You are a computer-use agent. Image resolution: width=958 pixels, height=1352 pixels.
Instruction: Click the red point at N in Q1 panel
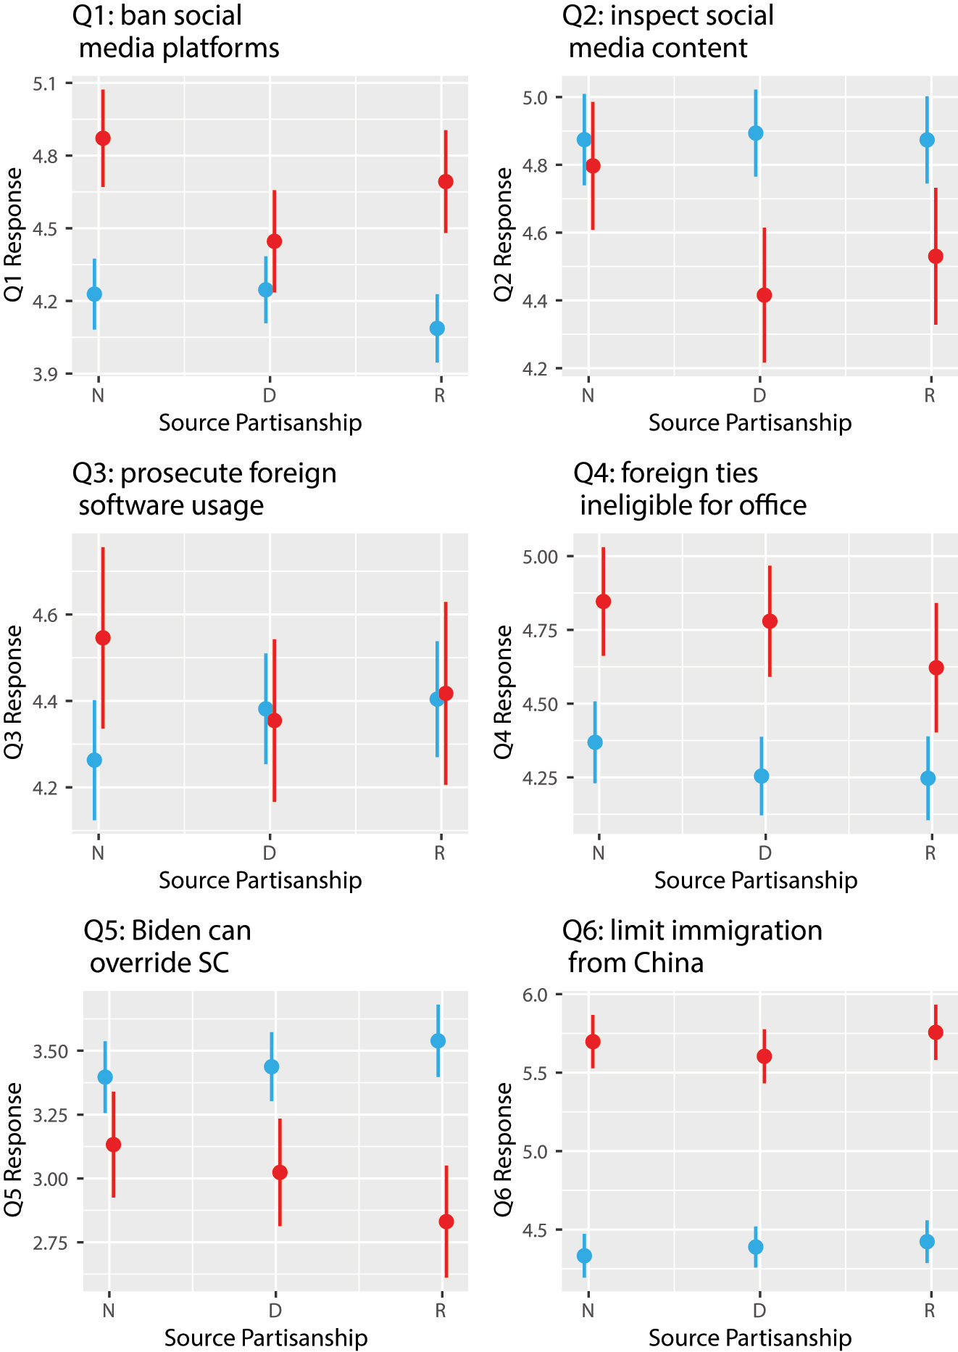click(103, 138)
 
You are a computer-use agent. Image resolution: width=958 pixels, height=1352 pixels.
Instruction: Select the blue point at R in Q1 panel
click(437, 328)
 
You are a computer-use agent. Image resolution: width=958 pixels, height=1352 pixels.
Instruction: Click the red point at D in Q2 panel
click(764, 295)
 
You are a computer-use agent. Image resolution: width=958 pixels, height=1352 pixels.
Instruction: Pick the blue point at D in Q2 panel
click(756, 133)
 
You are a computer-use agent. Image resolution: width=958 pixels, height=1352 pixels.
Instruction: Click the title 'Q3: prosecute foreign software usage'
click(204, 489)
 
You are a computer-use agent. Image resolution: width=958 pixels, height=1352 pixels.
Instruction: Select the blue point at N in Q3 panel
click(94, 760)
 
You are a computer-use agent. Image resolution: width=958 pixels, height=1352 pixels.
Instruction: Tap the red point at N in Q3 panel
click(103, 638)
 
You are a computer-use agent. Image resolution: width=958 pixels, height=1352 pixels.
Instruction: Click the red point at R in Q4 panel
click(936, 668)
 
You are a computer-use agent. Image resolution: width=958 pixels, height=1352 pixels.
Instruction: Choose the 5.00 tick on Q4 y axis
click(539, 557)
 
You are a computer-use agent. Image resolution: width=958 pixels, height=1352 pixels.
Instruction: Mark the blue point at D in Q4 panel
click(762, 776)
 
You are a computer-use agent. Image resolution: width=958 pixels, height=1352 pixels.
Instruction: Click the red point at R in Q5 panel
click(446, 1222)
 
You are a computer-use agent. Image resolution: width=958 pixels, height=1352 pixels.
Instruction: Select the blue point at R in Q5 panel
click(438, 1040)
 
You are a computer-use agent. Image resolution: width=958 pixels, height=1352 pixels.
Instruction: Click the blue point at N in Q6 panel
click(584, 1256)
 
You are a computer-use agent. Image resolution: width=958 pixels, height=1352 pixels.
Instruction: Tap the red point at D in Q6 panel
click(764, 1056)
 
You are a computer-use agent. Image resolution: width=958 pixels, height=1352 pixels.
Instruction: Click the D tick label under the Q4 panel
click(765, 853)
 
